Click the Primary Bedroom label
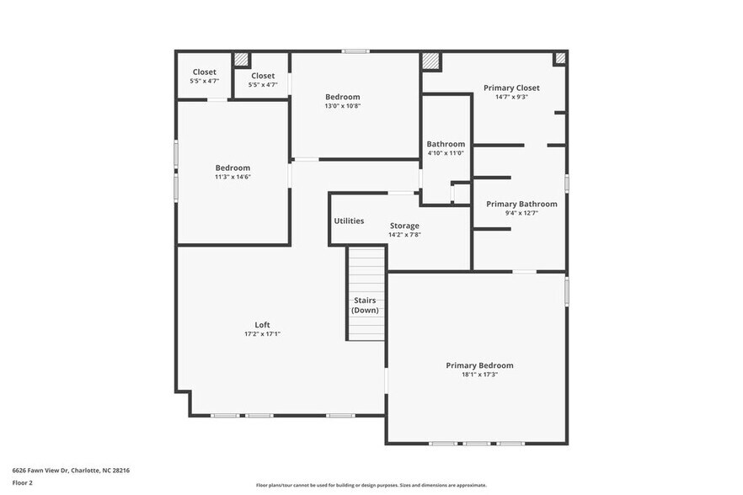[479, 365]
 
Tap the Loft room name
[263, 325]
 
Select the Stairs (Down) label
[365, 305]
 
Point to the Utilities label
[349, 221]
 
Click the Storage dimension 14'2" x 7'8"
[404, 235]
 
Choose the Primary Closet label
[511, 88]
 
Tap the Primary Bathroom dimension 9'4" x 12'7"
[521, 213]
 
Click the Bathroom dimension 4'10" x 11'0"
[446, 153]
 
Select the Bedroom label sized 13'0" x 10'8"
[342, 97]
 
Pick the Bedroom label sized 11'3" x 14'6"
[233, 168]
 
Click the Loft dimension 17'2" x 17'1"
[263, 334]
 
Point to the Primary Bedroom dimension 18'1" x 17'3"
[479, 375]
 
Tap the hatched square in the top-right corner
[559, 58]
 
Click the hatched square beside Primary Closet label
[430, 61]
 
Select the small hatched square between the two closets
[241, 59]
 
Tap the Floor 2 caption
[23, 482]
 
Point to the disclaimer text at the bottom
[371, 485]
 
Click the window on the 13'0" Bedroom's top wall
[355, 51]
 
